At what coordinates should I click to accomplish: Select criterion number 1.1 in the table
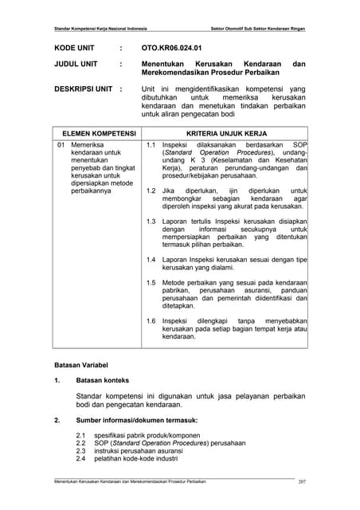coord(151,147)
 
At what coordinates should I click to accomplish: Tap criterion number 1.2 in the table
coord(151,191)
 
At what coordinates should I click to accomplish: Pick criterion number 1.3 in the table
coord(151,219)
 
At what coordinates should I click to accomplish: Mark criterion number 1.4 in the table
coord(151,260)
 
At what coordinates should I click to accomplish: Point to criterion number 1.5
coord(151,283)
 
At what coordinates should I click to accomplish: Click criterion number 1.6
coord(151,321)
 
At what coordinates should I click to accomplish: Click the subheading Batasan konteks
coord(102,380)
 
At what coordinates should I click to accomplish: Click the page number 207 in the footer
coord(302,482)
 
